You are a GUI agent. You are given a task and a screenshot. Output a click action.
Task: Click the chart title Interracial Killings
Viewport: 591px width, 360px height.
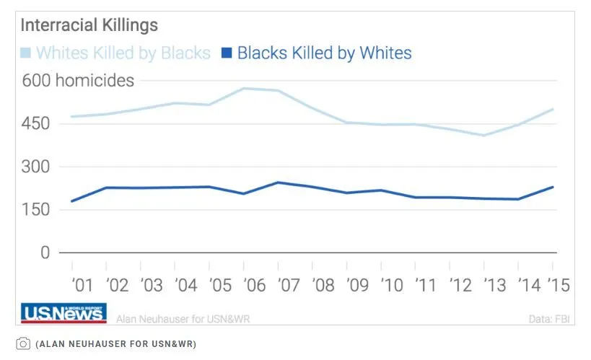89,25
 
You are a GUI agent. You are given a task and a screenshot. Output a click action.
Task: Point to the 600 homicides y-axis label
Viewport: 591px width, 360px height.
78,80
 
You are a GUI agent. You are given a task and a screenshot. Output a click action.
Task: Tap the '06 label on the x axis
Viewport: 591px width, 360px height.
254,285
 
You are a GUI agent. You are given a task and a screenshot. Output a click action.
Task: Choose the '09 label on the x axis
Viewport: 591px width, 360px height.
357,285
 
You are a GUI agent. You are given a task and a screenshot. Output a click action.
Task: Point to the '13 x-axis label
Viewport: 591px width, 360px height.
494,285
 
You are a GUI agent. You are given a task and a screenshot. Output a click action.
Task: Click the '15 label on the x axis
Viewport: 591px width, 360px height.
559,285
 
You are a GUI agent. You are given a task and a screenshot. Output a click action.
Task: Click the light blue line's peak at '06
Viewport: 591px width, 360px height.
244,89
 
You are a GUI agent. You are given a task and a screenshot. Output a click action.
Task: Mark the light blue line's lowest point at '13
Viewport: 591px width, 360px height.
484,135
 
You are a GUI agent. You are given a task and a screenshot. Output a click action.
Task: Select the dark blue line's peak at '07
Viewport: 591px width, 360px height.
278,183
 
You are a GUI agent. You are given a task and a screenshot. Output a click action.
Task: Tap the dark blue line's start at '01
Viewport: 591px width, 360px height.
71,201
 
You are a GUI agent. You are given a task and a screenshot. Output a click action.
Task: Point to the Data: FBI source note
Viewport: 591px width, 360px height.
549,317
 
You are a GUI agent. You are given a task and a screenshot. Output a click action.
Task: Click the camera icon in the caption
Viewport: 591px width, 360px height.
23,343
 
